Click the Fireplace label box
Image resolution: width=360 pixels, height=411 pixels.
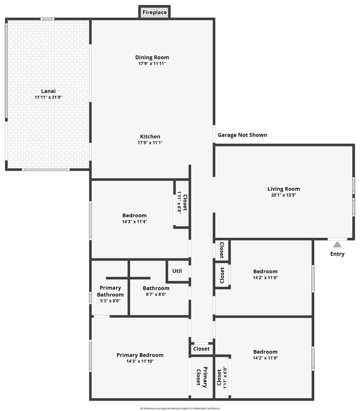(155, 12)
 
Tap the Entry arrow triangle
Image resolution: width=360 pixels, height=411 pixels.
(338, 245)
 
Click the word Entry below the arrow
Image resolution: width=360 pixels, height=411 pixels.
(337, 254)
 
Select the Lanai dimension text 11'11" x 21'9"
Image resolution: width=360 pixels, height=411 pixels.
(48, 97)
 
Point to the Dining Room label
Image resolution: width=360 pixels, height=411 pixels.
(152, 57)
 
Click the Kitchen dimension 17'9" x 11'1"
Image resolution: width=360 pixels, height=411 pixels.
(150, 143)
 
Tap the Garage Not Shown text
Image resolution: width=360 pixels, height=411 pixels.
(242, 135)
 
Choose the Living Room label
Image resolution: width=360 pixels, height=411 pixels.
(284, 189)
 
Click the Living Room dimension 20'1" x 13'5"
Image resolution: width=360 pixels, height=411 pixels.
(284, 195)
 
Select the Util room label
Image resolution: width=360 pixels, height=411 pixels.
(177, 271)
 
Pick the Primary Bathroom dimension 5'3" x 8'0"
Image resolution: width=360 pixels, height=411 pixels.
(110, 301)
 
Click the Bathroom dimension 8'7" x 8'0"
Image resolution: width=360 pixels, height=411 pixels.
(156, 294)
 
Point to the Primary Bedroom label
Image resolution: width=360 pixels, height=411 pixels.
(140, 355)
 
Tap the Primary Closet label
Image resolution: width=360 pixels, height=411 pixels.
(202, 377)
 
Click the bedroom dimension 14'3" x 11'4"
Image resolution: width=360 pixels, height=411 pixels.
(134, 222)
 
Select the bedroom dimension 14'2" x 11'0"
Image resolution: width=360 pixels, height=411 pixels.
(265, 277)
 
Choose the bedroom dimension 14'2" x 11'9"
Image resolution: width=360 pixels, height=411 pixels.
(265, 358)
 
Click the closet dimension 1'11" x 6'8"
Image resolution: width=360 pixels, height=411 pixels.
(180, 202)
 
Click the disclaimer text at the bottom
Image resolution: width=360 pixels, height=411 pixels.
(180, 408)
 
